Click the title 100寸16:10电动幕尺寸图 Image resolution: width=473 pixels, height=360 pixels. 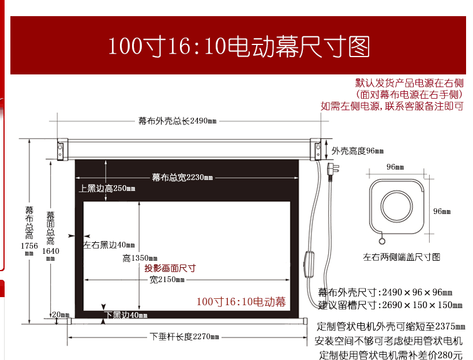pos(239,46)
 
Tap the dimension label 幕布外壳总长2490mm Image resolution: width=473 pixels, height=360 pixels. pos(178,121)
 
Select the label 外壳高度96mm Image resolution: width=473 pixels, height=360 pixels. pos(358,151)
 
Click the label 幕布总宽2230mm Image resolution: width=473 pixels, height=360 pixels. pos(182,178)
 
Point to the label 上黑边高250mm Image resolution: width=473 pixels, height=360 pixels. pos(107,189)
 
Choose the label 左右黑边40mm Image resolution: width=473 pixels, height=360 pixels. pos(109,245)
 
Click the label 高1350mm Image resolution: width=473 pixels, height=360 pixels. pos(140,258)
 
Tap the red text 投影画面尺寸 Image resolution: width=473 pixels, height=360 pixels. pos(170,268)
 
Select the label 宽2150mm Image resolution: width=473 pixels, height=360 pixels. pos(167,280)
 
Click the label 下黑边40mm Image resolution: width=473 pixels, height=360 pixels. pos(126,315)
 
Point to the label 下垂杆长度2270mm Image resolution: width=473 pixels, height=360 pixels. pos(185,336)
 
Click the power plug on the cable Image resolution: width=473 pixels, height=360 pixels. pos(333,170)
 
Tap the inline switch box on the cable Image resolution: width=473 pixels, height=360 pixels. pos(309,264)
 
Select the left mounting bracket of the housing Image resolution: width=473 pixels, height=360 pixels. pos(62,149)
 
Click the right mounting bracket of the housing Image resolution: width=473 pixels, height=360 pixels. pos(316,149)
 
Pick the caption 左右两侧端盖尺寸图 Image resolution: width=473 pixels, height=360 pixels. pos(401,257)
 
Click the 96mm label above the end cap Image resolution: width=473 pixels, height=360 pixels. pos(395,167)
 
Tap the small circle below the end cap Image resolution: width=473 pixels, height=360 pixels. pos(382,241)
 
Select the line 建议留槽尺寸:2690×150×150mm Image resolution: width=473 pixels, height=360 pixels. pos(390,305)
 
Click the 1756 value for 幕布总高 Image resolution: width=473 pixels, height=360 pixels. pos(29,246)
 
